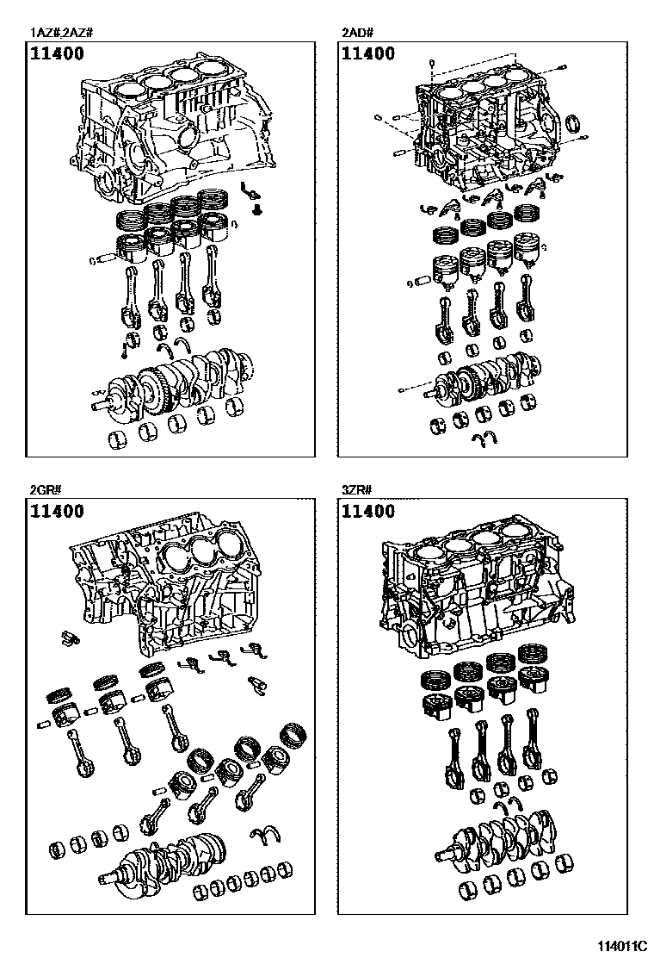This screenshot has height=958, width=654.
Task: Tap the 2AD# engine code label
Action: click(356, 33)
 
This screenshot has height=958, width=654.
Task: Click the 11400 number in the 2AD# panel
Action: click(368, 54)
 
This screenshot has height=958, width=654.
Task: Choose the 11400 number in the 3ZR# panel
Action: click(368, 512)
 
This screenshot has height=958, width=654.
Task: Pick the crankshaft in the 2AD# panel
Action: click(482, 379)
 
